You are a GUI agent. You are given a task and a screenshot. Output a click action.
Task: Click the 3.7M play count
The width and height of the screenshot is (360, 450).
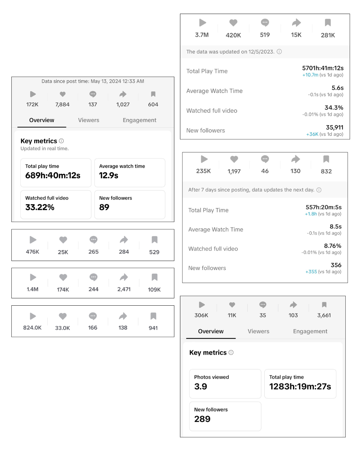[x=202, y=35]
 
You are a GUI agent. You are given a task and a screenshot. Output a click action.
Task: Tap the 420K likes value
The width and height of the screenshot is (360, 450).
[x=233, y=35]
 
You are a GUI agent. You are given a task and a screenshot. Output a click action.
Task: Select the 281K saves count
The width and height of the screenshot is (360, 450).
[x=328, y=35]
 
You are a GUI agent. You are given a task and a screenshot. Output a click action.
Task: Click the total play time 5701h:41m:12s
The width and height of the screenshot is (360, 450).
[x=323, y=68]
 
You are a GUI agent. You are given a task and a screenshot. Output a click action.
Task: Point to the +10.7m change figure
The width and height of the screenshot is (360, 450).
[x=310, y=75]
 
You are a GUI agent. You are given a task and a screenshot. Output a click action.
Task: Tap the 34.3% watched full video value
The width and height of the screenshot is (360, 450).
[x=334, y=107]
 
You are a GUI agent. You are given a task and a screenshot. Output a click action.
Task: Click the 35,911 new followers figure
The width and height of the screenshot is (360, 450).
[x=334, y=127]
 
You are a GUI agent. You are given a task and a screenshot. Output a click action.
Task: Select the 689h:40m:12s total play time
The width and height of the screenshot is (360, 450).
[x=53, y=175]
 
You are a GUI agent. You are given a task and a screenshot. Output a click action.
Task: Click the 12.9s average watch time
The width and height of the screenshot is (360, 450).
[x=109, y=175]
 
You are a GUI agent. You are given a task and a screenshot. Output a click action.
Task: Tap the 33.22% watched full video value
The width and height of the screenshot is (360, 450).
[x=40, y=207]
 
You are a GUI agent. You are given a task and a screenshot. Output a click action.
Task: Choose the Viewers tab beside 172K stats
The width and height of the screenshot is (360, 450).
[x=89, y=120]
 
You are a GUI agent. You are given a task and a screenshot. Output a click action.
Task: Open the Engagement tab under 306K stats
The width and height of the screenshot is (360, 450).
[x=310, y=331]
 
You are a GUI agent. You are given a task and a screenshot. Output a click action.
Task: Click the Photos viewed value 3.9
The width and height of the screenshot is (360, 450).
[x=200, y=386]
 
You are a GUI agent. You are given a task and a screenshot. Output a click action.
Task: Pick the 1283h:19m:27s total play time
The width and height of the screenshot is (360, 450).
[x=300, y=386]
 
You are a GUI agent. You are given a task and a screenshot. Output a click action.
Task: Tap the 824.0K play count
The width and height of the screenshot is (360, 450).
[x=32, y=328]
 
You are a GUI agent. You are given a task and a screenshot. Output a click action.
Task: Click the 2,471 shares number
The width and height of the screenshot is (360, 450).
[x=124, y=289]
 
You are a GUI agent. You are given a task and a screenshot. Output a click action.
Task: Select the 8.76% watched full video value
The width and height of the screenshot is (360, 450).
[x=332, y=246]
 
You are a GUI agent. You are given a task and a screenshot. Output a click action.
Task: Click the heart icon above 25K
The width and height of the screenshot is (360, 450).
[x=63, y=240]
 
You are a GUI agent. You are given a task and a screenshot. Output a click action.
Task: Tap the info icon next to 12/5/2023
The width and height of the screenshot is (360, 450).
[x=279, y=52]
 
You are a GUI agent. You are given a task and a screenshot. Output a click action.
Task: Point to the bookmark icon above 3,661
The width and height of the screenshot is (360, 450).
[x=324, y=305]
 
